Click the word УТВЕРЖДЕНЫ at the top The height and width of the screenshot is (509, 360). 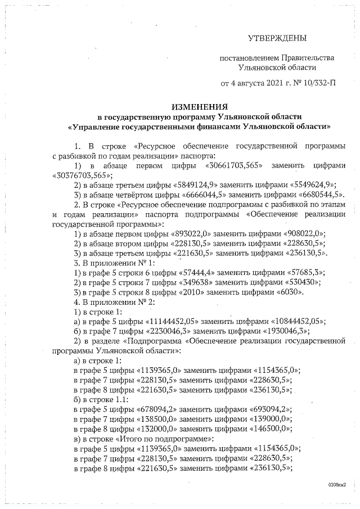[x=278, y=38]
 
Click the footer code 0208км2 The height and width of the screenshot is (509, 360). [x=336, y=484]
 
